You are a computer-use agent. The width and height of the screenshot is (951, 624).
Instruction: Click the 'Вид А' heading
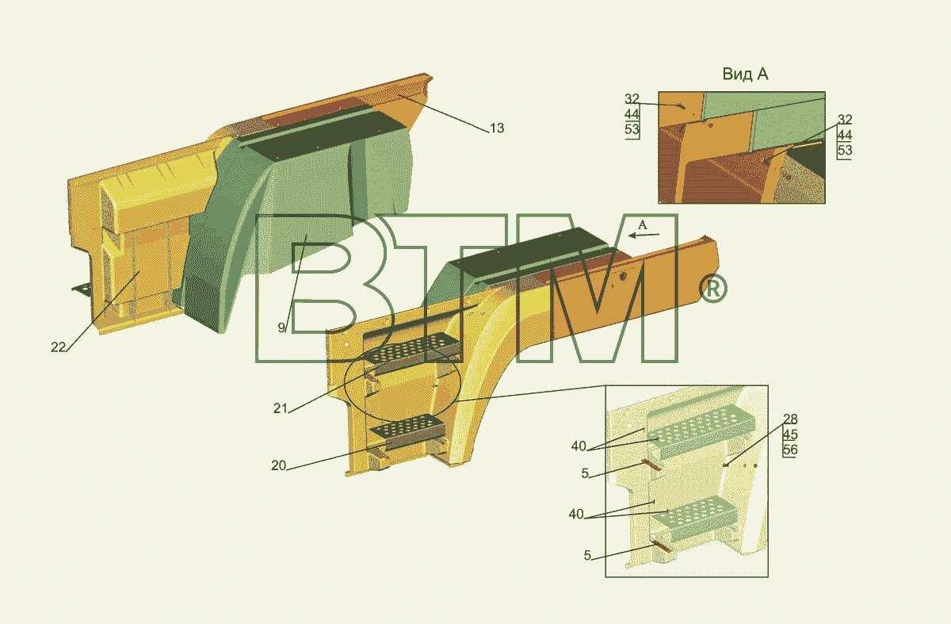point(745,74)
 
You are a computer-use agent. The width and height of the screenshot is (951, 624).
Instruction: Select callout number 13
point(497,128)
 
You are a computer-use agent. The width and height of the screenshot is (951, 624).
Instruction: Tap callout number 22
point(58,347)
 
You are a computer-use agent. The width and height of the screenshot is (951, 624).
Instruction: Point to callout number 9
point(281,327)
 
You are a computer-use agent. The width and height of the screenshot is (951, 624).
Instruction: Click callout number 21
point(281,408)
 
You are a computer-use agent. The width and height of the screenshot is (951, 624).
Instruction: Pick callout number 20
point(278,465)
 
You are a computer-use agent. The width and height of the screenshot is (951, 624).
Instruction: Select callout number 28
point(790,419)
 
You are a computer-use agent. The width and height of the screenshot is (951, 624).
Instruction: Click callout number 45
point(790,435)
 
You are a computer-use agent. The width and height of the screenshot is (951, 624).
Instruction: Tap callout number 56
point(790,450)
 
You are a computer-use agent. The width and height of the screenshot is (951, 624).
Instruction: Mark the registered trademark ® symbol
point(713,289)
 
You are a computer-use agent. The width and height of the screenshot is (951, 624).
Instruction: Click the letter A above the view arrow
point(643,224)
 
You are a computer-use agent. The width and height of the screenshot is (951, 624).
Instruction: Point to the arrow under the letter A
point(644,235)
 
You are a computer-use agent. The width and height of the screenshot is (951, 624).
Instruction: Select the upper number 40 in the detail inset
point(579,446)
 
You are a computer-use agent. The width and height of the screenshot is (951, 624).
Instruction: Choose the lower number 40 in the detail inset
point(576,514)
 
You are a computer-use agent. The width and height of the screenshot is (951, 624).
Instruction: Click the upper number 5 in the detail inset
point(585,473)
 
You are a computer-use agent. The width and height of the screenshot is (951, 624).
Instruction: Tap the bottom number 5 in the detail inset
point(587,555)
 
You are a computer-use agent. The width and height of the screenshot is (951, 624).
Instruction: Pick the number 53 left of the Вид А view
point(632,129)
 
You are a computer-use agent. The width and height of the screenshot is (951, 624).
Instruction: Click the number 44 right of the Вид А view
point(845,135)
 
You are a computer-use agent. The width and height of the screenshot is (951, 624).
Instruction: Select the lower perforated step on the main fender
point(408,431)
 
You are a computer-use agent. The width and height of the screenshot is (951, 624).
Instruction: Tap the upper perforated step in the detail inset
point(701,431)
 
